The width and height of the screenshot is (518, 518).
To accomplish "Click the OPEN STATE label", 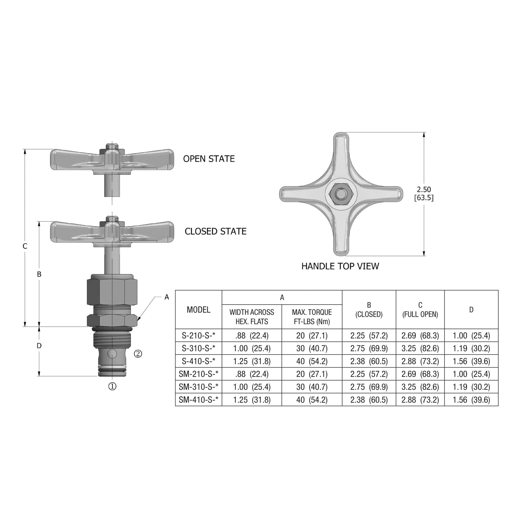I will [x=209, y=159].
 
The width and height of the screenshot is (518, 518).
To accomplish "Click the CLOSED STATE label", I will [x=215, y=231].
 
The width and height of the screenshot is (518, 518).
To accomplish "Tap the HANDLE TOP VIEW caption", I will [x=340, y=266].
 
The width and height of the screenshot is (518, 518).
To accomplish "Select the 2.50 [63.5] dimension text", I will [x=424, y=194].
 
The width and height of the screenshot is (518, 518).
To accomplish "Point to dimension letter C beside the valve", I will [x=25, y=246].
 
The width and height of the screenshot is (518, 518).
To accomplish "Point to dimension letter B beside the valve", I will [x=39, y=274].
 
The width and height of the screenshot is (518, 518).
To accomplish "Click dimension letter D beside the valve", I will [x=39, y=346].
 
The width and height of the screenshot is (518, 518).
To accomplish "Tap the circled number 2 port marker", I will [x=138, y=354].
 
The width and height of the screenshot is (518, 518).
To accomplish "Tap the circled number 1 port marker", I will [x=112, y=386].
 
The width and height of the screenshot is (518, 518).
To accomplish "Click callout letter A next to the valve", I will [x=167, y=297].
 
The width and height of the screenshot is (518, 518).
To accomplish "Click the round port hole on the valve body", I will [x=112, y=354].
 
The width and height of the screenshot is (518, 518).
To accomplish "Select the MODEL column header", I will [x=199, y=310].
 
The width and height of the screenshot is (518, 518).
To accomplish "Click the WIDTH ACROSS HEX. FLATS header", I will [x=252, y=317].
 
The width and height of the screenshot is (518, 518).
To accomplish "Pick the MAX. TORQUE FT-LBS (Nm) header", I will [x=312, y=317].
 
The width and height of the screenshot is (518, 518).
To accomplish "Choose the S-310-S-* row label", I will [x=199, y=348].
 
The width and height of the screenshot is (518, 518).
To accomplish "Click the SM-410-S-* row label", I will [x=199, y=400].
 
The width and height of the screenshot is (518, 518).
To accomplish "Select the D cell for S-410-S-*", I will [x=471, y=361].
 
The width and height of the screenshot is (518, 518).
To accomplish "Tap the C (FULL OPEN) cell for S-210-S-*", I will [x=420, y=336].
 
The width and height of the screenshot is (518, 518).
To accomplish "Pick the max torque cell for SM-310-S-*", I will [x=312, y=387].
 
